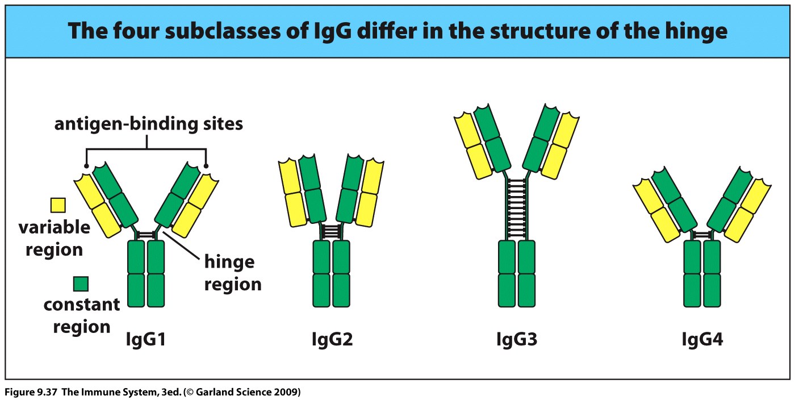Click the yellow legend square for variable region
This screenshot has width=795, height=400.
(58, 205)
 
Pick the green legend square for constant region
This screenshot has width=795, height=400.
(80, 283)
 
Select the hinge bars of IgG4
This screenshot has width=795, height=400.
(702, 234)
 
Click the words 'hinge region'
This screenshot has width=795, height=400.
(233, 273)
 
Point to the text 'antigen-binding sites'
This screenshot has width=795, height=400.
(148, 123)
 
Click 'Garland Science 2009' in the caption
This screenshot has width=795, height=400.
(249, 392)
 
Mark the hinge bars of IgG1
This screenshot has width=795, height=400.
(146, 234)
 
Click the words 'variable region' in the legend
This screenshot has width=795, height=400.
(55, 239)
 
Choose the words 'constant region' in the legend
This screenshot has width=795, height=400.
(81, 316)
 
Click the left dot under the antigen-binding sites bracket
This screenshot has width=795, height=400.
(86, 166)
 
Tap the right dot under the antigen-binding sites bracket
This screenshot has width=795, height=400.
(206, 166)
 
